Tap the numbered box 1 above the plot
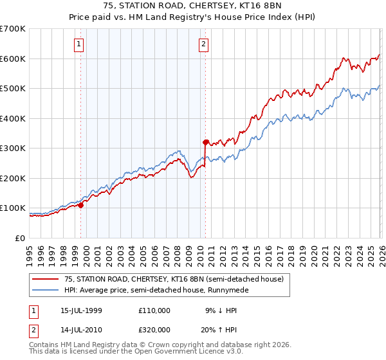(78, 44)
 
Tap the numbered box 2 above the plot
(203, 44)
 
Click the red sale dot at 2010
(205, 142)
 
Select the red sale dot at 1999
(81, 205)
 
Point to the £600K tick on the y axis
(13, 59)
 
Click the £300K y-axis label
(13, 148)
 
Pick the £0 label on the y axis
(19, 239)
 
